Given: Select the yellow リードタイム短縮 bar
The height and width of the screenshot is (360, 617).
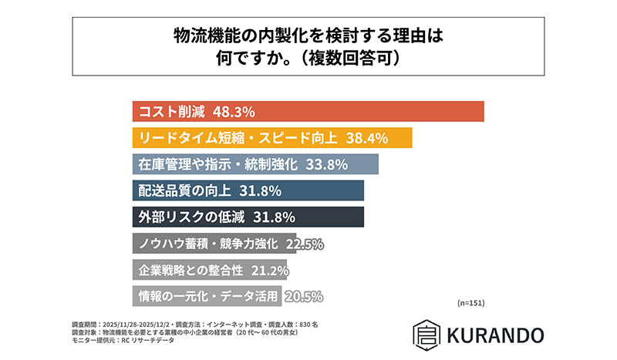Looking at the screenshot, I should [274, 138].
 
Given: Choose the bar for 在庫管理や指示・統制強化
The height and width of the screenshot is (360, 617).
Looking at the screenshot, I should [255, 165].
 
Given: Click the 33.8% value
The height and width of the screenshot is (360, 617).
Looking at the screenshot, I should [325, 165].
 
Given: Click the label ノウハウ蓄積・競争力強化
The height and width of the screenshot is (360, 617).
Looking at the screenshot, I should [207, 244].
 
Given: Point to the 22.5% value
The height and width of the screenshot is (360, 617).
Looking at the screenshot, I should [304, 244].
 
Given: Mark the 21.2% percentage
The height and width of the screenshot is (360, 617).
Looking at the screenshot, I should [269, 271].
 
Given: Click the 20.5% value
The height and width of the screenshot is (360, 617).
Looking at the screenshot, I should [304, 297].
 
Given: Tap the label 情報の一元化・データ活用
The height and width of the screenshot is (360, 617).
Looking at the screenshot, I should [207, 297].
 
